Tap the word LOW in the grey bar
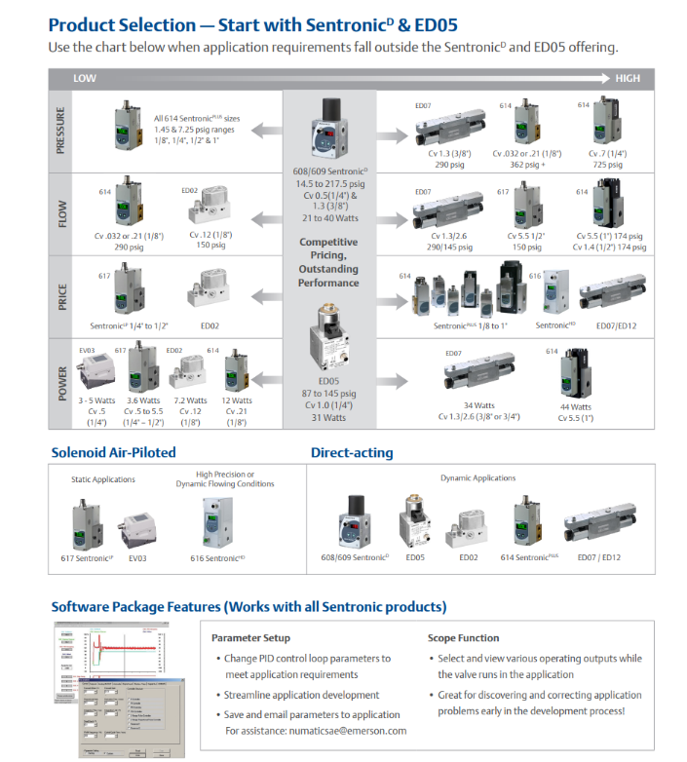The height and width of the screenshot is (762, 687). [85, 78]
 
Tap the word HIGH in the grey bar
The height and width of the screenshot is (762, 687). [627, 78]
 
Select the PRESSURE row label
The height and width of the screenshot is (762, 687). [60, 131]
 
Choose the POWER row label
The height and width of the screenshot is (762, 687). [60, 383]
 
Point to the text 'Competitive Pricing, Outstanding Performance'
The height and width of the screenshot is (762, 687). [328, 262]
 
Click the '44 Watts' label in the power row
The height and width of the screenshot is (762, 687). [575, 406]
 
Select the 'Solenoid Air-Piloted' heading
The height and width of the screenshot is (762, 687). [114, 452]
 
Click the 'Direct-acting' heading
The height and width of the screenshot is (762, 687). [352, 452]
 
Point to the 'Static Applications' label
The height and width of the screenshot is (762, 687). [104, 479]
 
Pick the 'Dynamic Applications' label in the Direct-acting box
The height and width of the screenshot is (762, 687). [477, 478]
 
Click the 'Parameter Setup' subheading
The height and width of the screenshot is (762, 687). [250, 638]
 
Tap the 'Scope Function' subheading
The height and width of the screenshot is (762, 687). [464, 638]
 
